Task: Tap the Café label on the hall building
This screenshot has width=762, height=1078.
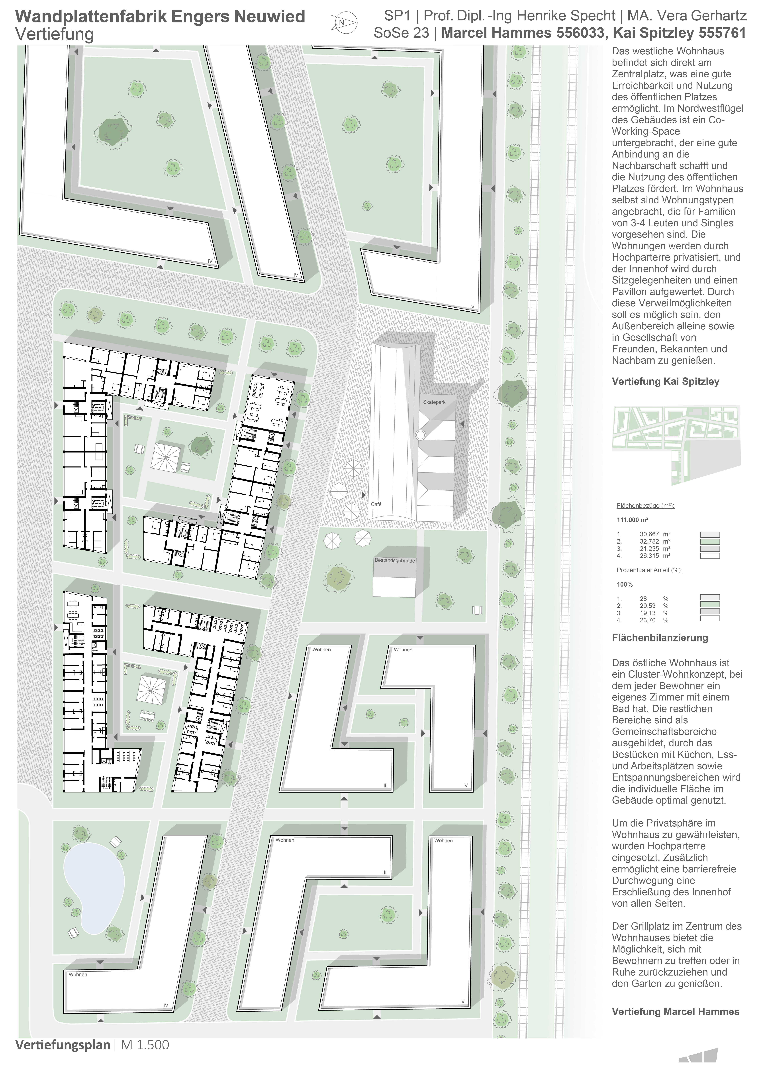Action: click(376, 504)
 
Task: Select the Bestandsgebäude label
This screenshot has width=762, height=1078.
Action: click(395, 561)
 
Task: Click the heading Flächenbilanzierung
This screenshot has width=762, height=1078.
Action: click(660, 638)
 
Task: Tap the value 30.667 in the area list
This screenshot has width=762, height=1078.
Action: click(649, 534)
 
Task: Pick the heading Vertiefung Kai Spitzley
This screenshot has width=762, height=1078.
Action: click(665, 381)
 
